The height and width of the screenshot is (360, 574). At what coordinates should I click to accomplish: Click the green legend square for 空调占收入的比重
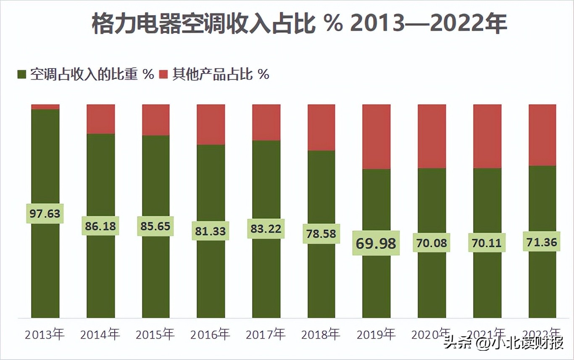(22, 75)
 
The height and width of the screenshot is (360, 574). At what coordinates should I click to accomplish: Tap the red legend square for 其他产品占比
(163, 75)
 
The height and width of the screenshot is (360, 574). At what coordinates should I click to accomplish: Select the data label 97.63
(45, 214)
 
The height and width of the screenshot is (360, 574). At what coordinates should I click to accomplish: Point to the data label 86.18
(100, 226)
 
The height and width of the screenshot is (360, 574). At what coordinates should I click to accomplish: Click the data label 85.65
(155, 226)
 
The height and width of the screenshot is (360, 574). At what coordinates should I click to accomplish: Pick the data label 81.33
(211, 231)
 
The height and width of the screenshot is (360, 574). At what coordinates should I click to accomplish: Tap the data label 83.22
(266, 229)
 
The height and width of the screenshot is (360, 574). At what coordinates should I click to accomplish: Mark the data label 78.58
(321, 234)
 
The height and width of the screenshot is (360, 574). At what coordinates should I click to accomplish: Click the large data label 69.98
(376, 243)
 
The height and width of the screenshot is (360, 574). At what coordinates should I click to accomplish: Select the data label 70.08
(432, 243)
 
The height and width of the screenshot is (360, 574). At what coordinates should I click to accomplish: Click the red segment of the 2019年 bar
(377, 137)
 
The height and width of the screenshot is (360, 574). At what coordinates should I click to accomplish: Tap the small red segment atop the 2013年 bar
(45, 107)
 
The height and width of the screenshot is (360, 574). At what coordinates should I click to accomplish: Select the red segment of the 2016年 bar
(211, 124)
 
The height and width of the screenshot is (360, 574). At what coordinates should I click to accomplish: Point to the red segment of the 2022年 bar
(542, 135)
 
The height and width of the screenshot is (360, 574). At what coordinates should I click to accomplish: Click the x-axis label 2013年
(45, 335)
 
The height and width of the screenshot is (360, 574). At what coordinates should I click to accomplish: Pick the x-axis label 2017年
(266, 335)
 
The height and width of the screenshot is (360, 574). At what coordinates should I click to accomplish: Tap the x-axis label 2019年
(376, 335)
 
